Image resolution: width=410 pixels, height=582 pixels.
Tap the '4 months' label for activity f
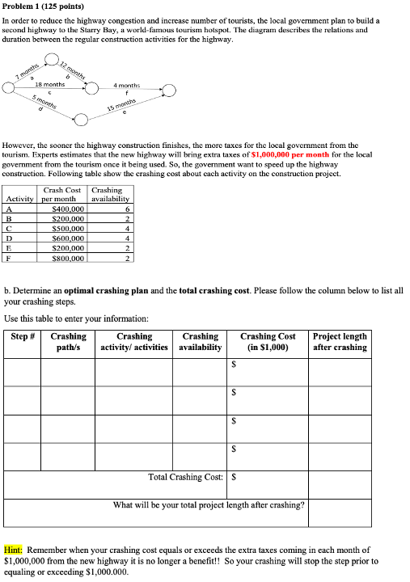(x=127, y=84)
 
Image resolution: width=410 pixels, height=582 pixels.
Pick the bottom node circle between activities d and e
(x=82, y=120)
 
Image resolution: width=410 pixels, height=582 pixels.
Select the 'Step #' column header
(x=23, y=336)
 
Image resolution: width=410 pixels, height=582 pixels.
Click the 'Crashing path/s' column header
(x=68, y=342)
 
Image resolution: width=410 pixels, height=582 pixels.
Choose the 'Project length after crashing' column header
(x=340, y=342)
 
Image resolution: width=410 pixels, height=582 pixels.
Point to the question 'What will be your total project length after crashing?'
(x=209, y=505)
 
